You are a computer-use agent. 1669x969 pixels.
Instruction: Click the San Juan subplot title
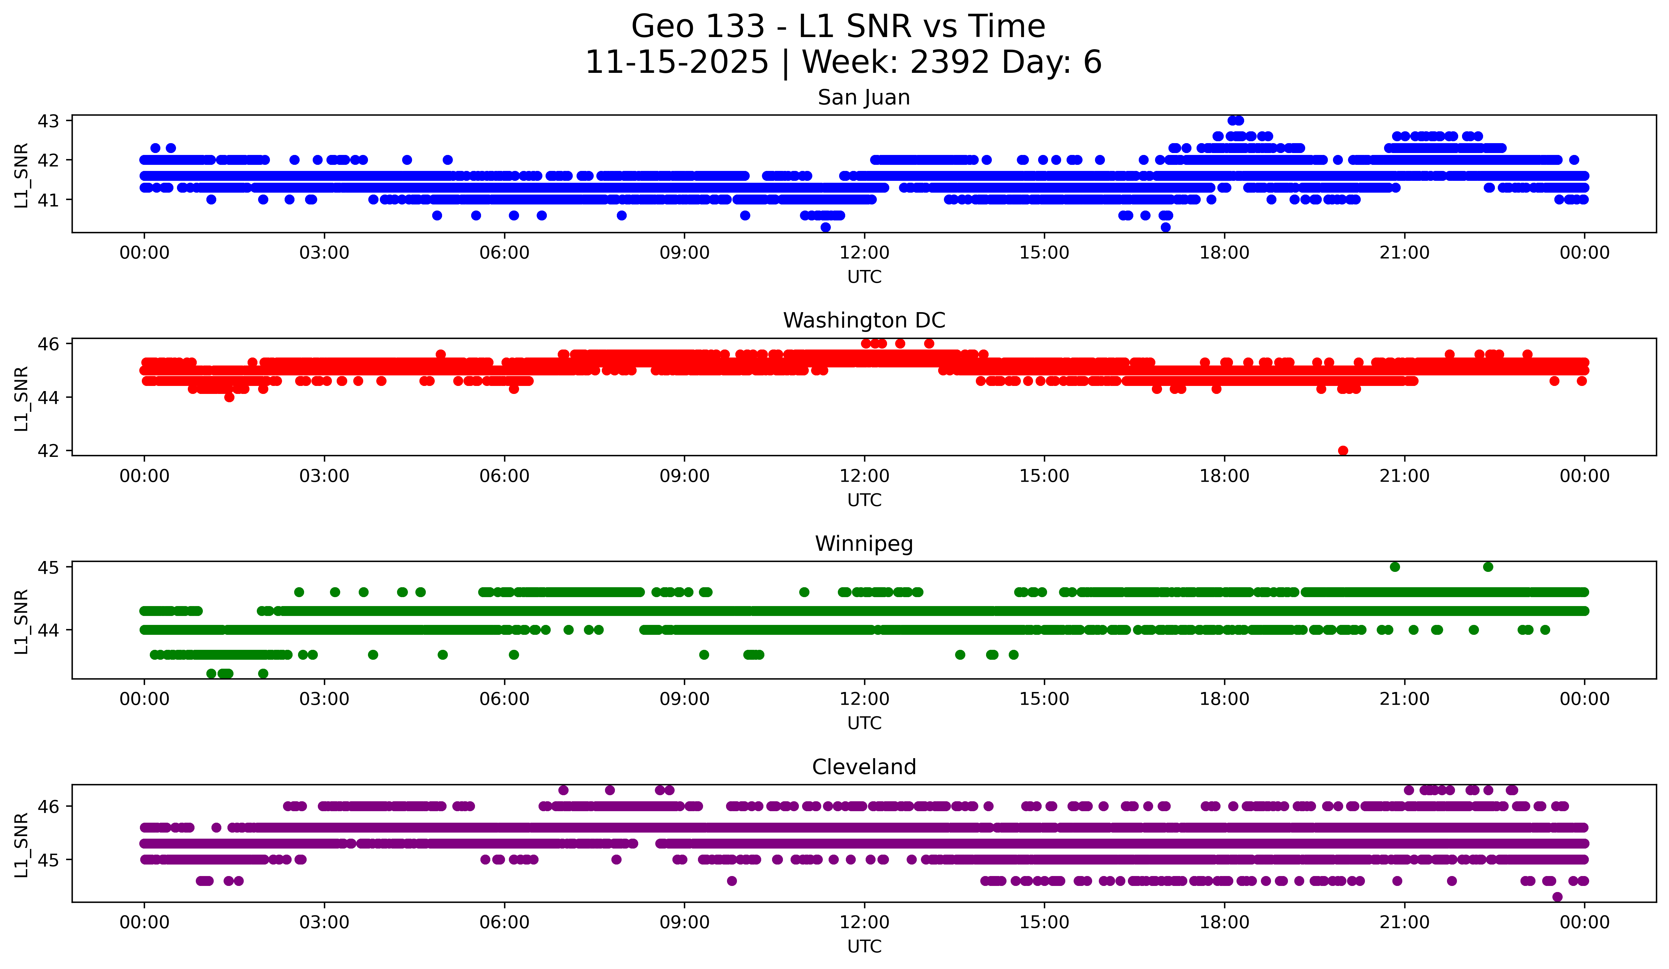(x=864, y=97)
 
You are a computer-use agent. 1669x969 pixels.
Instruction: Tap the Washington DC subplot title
(x=864, y=320)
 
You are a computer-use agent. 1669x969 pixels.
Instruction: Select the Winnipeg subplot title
(x=864, y=544)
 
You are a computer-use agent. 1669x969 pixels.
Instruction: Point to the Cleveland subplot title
(x=864, y=767)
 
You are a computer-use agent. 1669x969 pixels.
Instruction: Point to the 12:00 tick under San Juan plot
(x=864, y=253)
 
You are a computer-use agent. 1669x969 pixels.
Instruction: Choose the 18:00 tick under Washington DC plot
(x=1224, y=476)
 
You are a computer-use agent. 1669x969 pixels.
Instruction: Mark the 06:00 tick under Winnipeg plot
(x=505, y=699)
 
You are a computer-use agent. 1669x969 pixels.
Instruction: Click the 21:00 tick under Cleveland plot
(x=1404, y=923)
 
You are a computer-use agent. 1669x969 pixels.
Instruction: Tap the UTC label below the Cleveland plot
(x=864, y=947)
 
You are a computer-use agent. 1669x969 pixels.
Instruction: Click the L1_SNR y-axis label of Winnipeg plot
(x=21, y=621)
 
